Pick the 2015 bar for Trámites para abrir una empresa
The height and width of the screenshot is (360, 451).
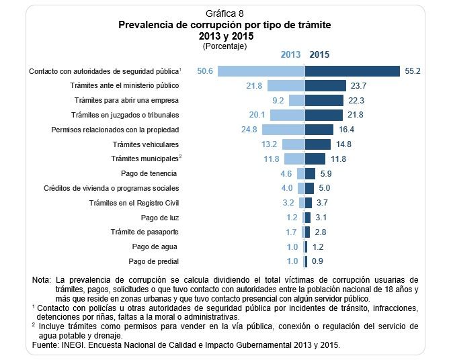click(x=325, y=100)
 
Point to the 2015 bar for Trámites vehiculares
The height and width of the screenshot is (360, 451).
click(x=318, y=144)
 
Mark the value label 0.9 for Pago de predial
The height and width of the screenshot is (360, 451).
click(x=318, y=261)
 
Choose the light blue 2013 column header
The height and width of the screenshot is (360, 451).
click(x=290, y=55)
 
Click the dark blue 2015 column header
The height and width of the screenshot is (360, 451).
click(x=320, y=55)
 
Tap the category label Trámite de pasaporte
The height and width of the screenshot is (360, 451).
click(x=145, y=232)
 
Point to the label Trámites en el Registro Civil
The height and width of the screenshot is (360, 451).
click(x=134, y=202)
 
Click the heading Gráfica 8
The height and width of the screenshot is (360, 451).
click(x=225, y=13)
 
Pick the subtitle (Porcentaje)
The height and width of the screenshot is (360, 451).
click(x=224, y=46)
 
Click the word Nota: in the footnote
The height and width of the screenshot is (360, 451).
click(x=42, y=279)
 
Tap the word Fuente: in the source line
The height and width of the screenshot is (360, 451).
click(x=46, y=345)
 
